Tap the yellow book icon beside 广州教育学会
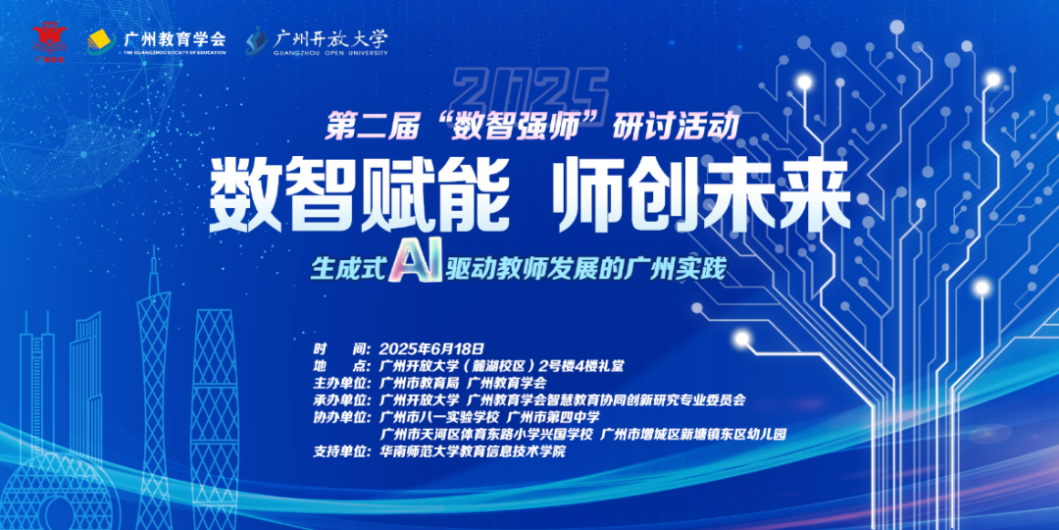pyautogui.click(x=99, y=40)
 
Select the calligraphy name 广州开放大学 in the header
pyautogui.click(x=330, y=37)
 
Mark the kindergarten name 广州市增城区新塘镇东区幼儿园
pyautogui.click(x=693, y=434)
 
